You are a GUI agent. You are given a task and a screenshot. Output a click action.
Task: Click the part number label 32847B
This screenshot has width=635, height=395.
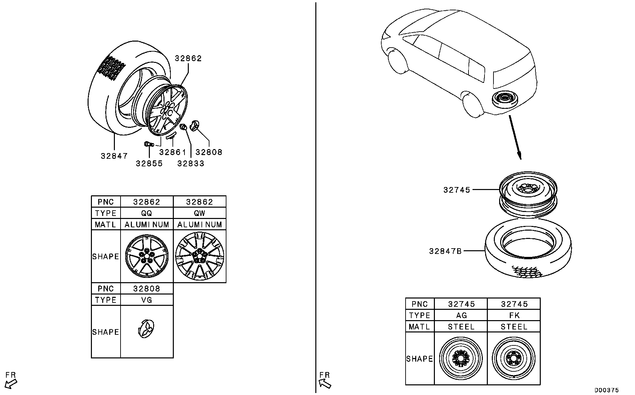click(x=445, y=251)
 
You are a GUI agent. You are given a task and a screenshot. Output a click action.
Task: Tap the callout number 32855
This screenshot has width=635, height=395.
click(x=149, y=163)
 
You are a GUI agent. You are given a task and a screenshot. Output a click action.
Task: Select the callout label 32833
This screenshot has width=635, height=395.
click(x=191, y=163)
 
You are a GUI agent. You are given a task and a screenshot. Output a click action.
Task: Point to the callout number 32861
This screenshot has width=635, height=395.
click(x=172, y=152)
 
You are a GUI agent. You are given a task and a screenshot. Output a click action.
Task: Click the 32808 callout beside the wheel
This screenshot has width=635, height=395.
click(x=209, y=152)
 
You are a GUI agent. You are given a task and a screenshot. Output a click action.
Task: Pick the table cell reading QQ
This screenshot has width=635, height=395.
click(x=147, y=213)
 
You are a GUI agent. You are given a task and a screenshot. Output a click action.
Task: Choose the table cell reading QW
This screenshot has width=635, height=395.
click(x=199, y=213)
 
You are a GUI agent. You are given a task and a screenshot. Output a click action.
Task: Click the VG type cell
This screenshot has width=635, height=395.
click(x=147, y=300)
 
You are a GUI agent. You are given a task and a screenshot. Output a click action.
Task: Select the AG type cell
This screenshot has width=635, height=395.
click(x=461, y=315)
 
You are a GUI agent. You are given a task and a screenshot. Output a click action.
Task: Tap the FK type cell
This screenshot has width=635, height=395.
click(x=514, y=315)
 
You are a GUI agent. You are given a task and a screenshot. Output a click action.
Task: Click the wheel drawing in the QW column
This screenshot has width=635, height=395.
click(x=199, y=256)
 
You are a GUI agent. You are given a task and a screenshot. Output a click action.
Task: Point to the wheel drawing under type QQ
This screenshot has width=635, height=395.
click(x=147, y=256)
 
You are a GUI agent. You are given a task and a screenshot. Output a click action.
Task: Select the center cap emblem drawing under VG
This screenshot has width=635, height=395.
click(x=147, y=330)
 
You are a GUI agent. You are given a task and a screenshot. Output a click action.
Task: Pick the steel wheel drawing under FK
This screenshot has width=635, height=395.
click(x=514, y=358)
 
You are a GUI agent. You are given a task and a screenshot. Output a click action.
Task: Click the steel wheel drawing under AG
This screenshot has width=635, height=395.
click(x=461, y=358)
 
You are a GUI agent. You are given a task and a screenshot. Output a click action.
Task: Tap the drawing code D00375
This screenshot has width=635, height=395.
click(x=606, y=390)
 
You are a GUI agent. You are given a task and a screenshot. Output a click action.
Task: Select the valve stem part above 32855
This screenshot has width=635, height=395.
click(x=148, y=144)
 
